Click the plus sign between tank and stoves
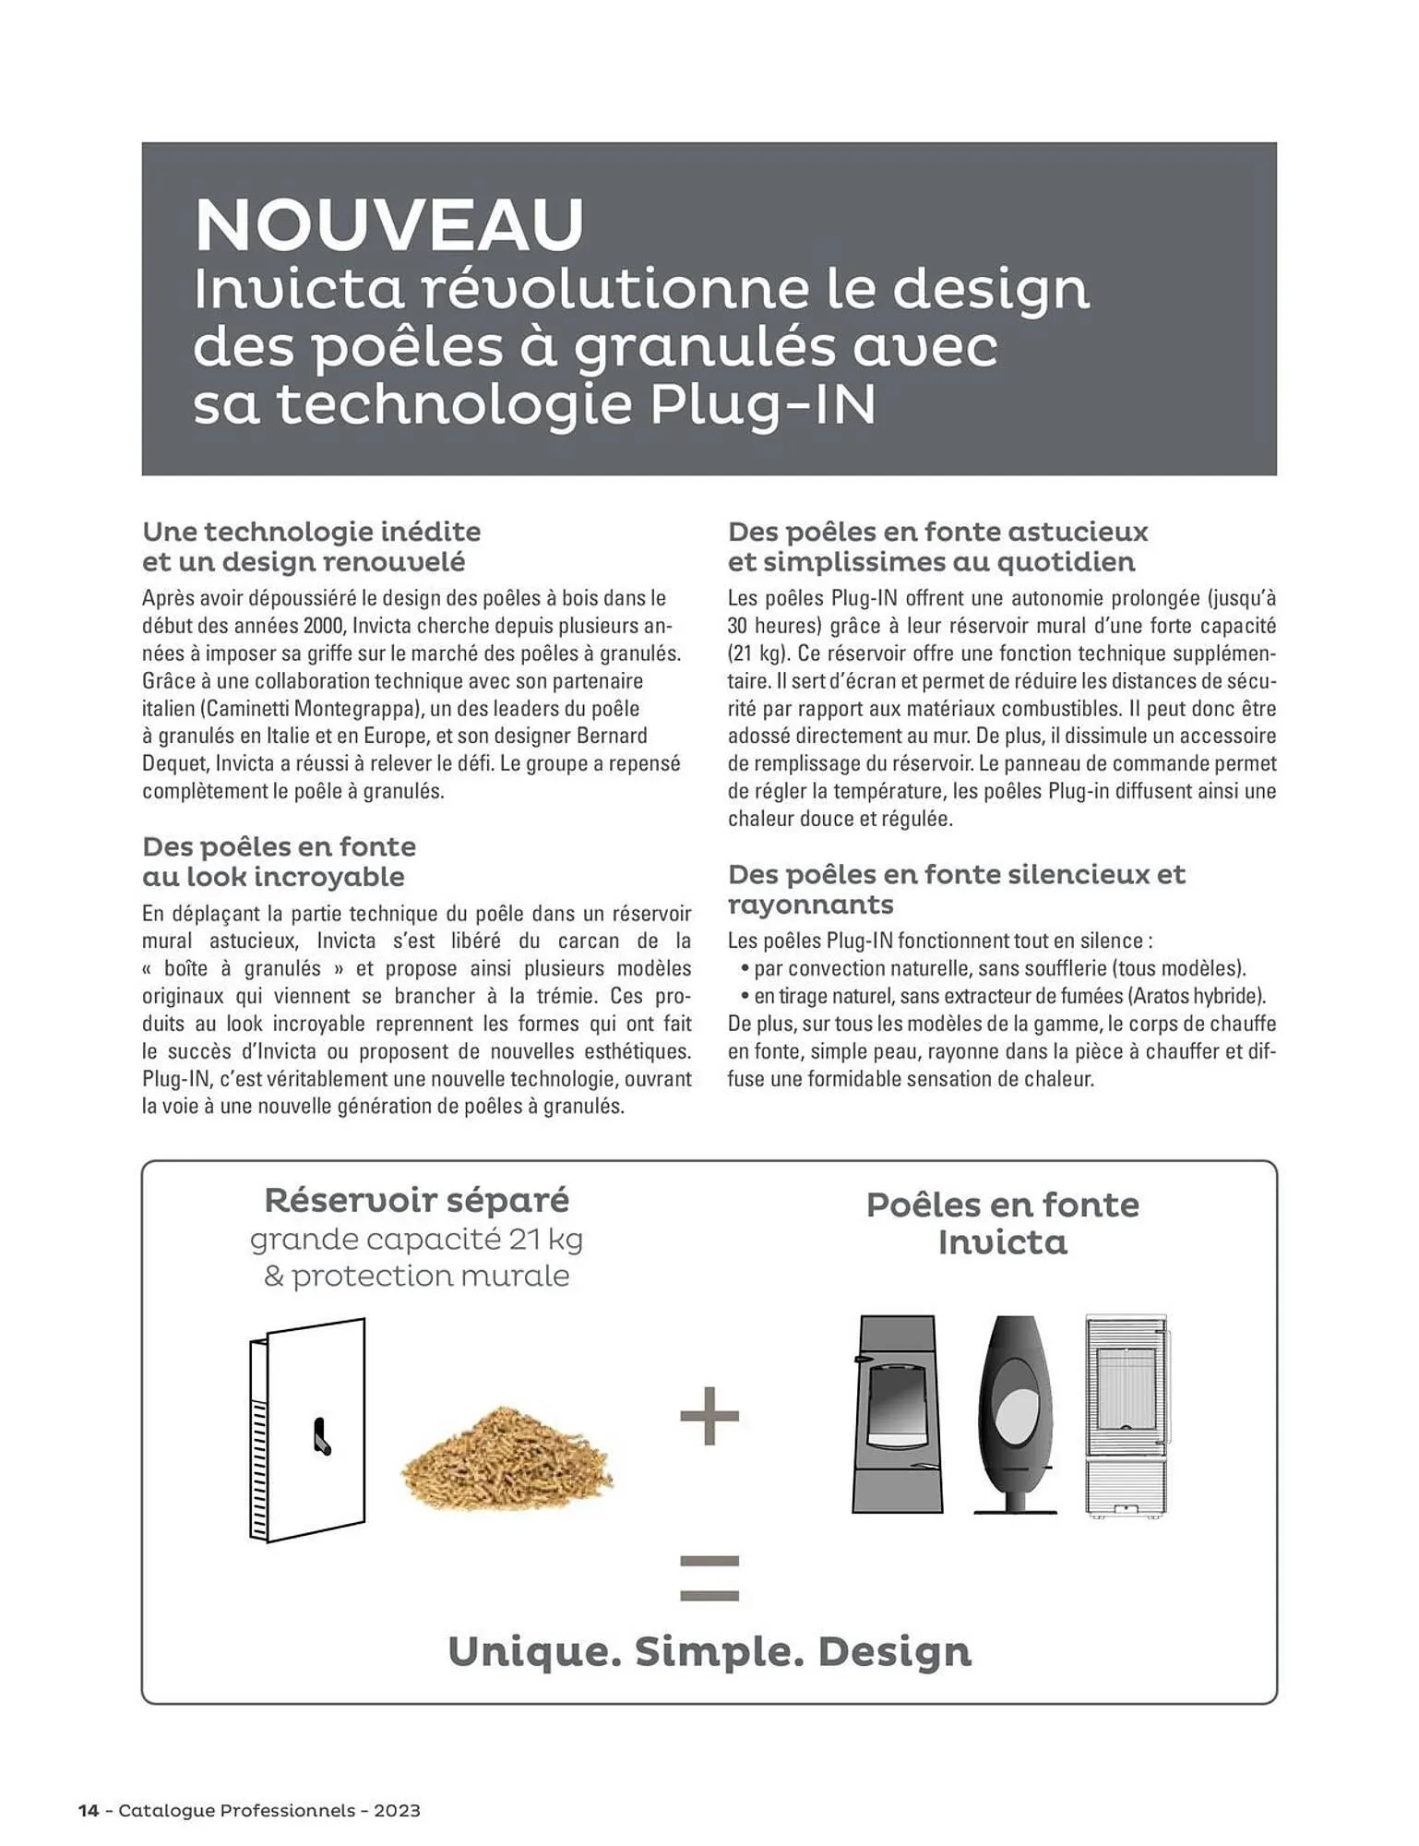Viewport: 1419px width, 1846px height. click(x=709, y=1415)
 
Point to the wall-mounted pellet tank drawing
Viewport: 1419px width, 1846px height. click(x=307, y=1430)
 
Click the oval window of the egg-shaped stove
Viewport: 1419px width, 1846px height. click(x=1017, y=1401)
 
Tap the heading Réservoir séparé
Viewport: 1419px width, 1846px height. click(x=416, y=1200)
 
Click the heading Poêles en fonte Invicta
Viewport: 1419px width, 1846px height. click(x=1003, y=1223)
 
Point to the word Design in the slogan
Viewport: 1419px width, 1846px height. click(x=894, y=1651)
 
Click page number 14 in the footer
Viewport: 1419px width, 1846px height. click(x=89, y=1810)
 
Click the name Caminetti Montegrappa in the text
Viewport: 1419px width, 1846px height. click(x=310, y=709)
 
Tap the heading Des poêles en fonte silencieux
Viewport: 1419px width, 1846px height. click(x=956, y=874)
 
